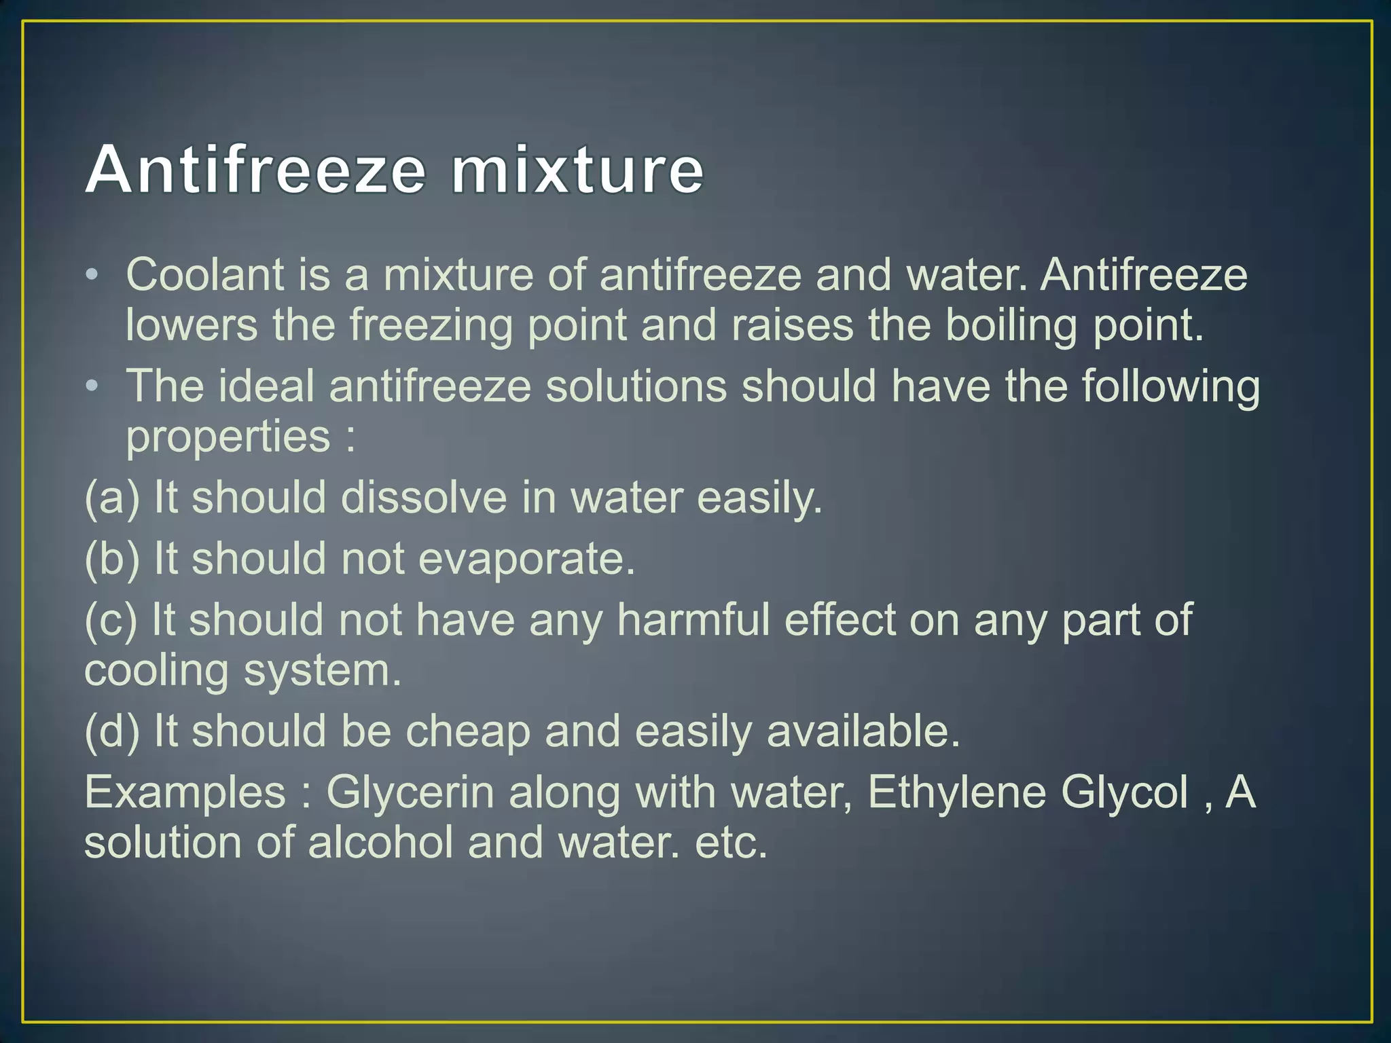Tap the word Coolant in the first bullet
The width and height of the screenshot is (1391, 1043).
204,275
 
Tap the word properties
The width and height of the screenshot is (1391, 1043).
228,437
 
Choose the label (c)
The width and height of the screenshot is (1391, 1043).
111,620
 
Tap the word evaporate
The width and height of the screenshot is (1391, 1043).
526,559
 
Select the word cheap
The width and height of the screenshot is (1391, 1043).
467,731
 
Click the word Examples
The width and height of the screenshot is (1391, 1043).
185,792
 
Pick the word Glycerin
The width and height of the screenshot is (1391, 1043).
410,792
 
